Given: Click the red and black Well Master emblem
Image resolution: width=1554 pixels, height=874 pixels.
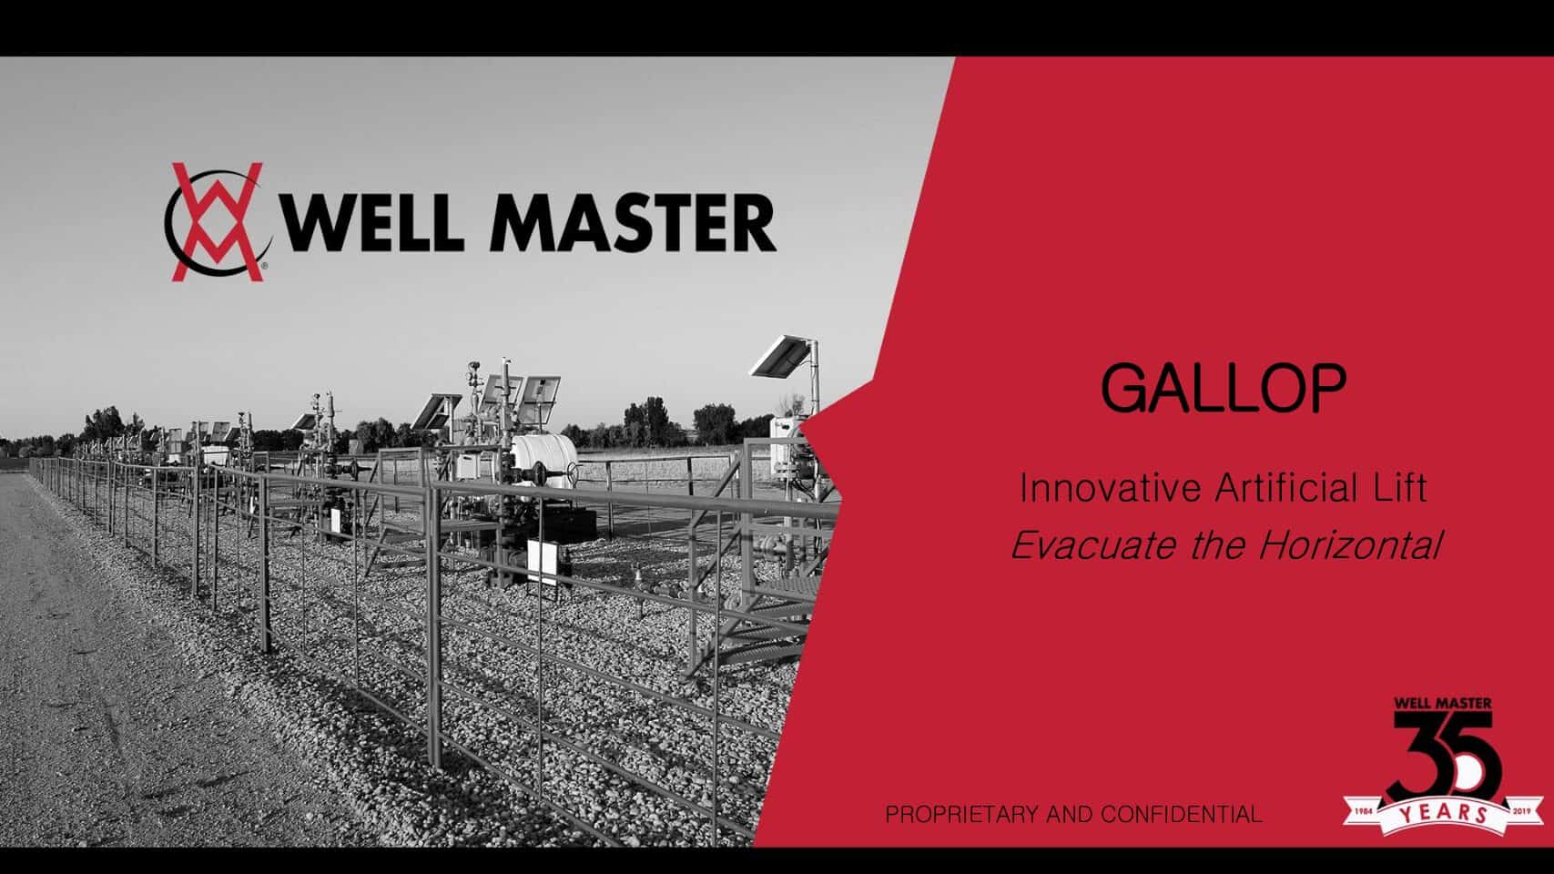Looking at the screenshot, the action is (x=218, y=222).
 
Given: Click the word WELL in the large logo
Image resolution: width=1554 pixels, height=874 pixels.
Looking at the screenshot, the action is (x=371, y=222).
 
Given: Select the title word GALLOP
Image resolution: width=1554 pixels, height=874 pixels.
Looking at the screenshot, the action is (x=1224, y=389).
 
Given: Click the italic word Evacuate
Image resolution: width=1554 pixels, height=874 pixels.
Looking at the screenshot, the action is (x=1094, y=545).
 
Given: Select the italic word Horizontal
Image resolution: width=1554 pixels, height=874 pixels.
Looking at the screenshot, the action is (x=1351, y=545).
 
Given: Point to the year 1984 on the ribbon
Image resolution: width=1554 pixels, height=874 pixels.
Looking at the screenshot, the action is (x=1364, y=811).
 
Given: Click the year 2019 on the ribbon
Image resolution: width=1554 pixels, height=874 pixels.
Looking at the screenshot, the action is (x=1521, y=811).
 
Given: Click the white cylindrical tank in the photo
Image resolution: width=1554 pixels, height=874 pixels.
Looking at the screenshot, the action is (x=543, y=459).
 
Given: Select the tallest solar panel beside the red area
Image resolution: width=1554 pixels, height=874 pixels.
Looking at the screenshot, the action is (x=782, y=357).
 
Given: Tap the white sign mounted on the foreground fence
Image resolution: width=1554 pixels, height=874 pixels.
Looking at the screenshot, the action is (x=543, y=562).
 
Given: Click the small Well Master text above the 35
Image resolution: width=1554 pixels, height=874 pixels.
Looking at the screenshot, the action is (x=1443, y=704).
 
